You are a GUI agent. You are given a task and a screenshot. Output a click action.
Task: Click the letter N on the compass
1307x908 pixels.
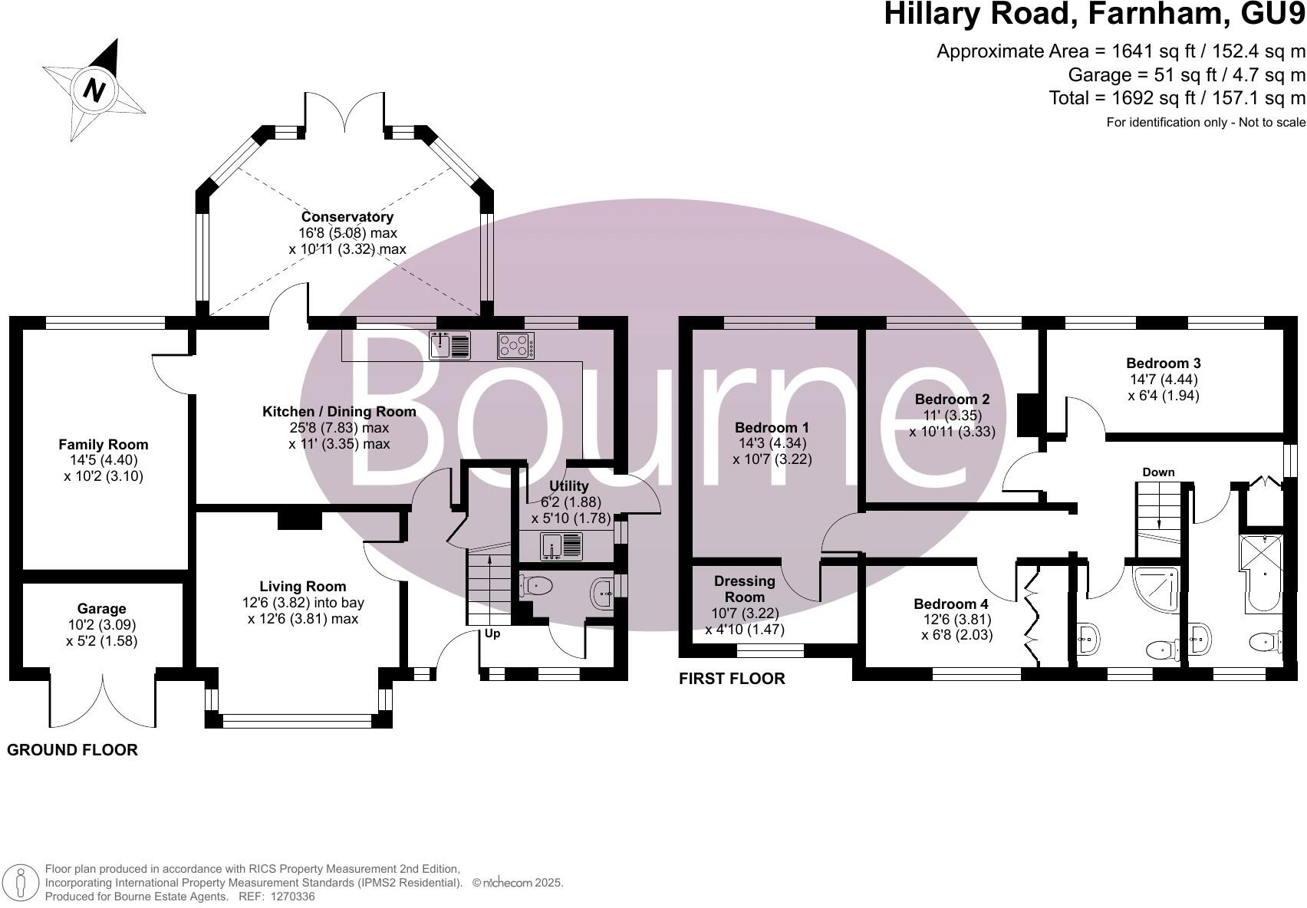(x=94, y=90)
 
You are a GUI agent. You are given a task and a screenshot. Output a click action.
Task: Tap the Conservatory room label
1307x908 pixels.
(x=347, y=217)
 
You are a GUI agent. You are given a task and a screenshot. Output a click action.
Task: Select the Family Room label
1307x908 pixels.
(x=104, y=444)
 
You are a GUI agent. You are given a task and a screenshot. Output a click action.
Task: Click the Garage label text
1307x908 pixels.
(x=101, y=609)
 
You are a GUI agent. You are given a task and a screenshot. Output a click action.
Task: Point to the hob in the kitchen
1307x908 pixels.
(x=515, y=345)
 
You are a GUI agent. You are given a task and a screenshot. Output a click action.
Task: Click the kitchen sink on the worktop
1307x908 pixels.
(x=449, y=345)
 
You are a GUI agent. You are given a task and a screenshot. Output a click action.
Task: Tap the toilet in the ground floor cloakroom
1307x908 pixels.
(x=535, y=587)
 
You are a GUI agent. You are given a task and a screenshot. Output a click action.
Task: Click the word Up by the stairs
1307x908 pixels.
(x=492, y=633)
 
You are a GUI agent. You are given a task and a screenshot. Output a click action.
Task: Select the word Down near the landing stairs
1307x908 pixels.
(x=1157, y=472)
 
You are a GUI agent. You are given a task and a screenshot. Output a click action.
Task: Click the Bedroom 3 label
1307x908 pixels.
(x=1163, y=363)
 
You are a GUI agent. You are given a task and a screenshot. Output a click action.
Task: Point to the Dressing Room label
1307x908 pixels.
(x=744, y=588)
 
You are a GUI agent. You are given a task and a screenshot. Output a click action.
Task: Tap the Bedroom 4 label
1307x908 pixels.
(x=952, y=604)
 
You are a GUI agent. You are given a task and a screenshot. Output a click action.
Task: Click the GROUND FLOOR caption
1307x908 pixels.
(x=72, y=750)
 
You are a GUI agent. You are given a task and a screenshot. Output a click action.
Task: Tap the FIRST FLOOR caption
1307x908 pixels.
(x=732, y=679)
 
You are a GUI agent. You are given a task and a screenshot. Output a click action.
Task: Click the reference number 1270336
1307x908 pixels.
(x=288, y=896)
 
